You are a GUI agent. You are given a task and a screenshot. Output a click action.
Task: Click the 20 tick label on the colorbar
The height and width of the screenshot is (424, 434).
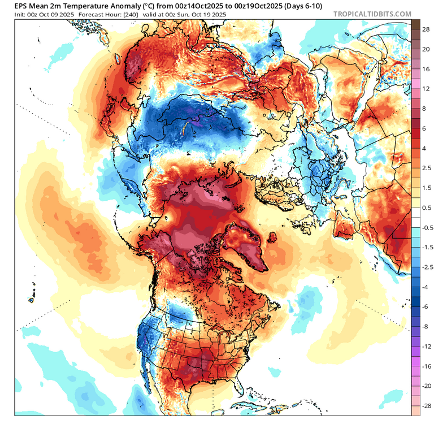tap(426, 49)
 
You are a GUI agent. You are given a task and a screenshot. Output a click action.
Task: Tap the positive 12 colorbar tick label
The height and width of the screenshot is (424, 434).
tap(426, 89)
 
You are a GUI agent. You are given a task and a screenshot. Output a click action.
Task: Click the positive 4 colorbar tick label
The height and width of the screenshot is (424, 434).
tap(424, 149)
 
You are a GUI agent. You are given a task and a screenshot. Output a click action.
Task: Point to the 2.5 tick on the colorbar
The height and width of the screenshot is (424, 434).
tap(427, 168)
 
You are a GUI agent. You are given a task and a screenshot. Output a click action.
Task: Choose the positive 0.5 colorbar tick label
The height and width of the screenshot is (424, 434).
tap(427, 208)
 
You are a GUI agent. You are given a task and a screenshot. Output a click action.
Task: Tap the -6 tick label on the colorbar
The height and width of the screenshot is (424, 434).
tap(425, 306)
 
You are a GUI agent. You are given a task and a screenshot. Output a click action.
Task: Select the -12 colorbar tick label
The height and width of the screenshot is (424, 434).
tap(427, 346)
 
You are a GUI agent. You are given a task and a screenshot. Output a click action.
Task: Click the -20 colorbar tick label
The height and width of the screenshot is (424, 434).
tap(427, 386)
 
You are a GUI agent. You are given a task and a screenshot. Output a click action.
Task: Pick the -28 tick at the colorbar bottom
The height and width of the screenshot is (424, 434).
tap(427, 406)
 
